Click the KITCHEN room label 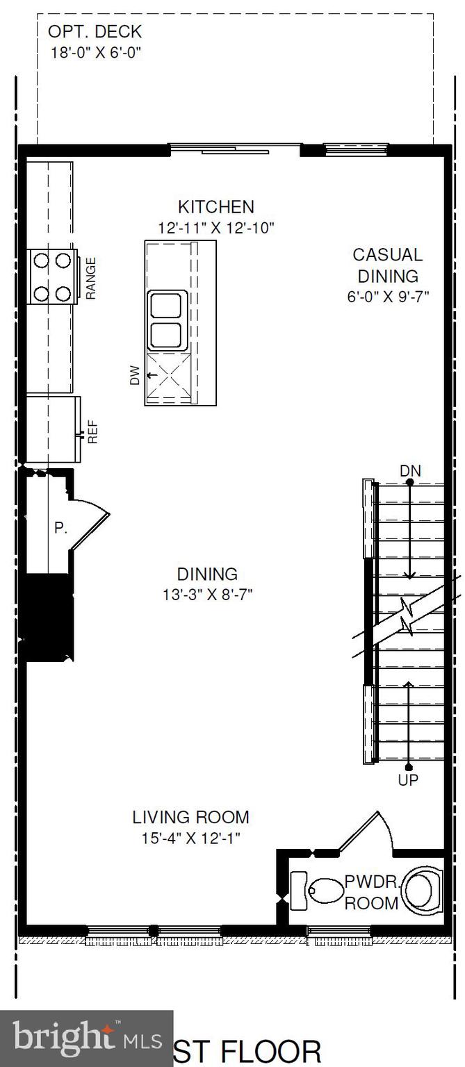click(x=216, y=206)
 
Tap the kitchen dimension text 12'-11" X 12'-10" click(x=216, y=226)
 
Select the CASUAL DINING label click(x=386, y=265)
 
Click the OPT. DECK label click(x=95, y=32)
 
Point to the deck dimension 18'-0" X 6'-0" click(x=97, y=52)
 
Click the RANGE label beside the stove click(x=90, y=278)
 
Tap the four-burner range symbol click(x=52, y=276)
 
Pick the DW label click(x=135, y=375)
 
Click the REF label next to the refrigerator click(x=92, y=435)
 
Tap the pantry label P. click(x=60, y=528)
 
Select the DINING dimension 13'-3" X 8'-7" click(x=207, y=595)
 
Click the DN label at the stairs click(x=410, y=471)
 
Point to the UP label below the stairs click(x=408, y=781)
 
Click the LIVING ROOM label click(x=190, y=818)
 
